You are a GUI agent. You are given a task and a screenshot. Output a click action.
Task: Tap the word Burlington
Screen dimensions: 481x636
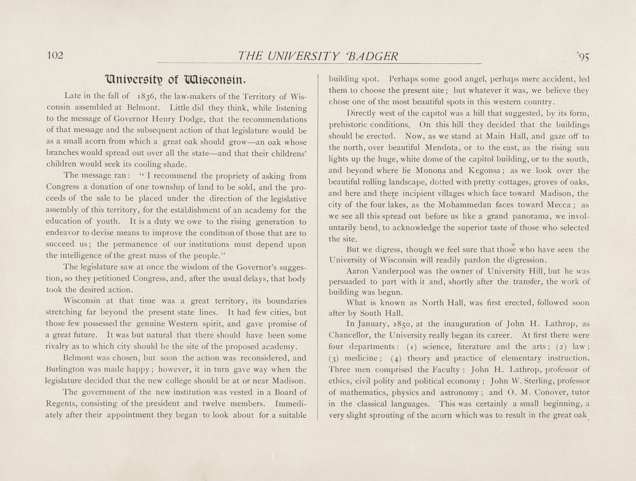tap(65, 369)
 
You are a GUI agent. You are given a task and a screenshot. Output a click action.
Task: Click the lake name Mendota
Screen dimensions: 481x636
tap(443, 148)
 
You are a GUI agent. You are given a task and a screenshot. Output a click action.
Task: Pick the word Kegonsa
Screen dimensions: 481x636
tap(485, 171)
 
